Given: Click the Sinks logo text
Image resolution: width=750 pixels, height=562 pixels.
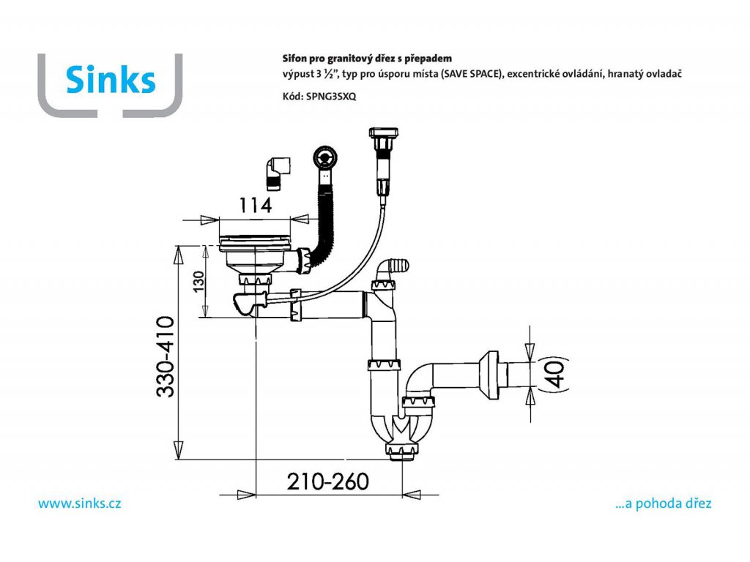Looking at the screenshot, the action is click(111, 79).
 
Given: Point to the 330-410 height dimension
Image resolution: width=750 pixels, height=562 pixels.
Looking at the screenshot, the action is click(165, 356).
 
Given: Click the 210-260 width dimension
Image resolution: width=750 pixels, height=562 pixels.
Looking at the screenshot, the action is click(327, 482).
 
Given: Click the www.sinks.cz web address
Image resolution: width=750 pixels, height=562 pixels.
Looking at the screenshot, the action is click(79, 503).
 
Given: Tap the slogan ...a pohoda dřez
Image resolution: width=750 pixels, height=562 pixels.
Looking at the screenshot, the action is click(664, 503).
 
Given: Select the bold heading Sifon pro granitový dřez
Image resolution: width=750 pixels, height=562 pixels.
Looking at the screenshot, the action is click(367, 58).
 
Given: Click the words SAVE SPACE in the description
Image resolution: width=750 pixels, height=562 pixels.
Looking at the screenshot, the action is click(469, 75).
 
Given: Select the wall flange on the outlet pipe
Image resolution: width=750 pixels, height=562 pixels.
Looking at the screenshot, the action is click(490, 372).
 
